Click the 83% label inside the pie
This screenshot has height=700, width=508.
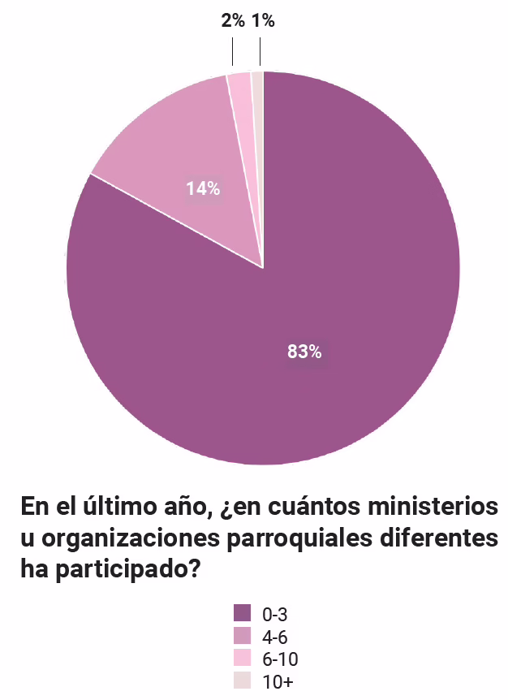coord(304,352)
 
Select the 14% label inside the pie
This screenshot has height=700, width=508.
coord(203,189)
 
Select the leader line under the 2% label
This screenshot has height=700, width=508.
coord(233,54)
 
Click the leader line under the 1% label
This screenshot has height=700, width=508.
coord(260,54)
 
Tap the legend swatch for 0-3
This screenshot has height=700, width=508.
coord(242,613)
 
